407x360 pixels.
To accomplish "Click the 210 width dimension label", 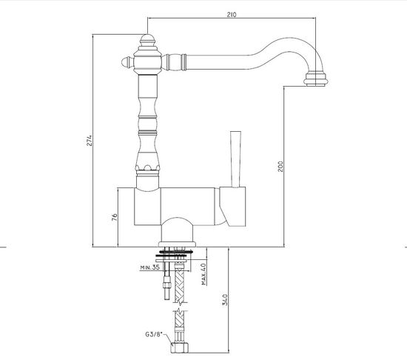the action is pyautogui.click(x=232, y=15).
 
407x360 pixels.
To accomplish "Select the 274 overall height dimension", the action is pyautogui.click(x=90, y=140).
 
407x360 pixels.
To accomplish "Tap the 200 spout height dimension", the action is pyautogui.click(x=280, y=166).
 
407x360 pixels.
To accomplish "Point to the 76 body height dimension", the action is pyautogui.click(x=115, y=217).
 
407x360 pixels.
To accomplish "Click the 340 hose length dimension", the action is pyautogui.click(x=225, y=299).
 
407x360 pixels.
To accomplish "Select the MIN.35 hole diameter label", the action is pyautogui.click(x=149, y=267).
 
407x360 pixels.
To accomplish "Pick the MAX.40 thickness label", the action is pyautogui.click(x=203, y=274).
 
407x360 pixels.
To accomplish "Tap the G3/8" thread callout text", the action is pyautogui.click(x=154, y=334).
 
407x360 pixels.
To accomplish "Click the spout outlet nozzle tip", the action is pyautogui.click(x=316, y=79).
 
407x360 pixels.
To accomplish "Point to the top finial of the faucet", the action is pyautogui.click(x=147, y=41).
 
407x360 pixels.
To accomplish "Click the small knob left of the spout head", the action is pyautogui.click(x=127, y=63).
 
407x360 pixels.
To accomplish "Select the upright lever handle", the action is pyautogui.click(x=235, y=159).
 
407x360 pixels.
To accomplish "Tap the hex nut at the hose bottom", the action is pyautogui.click(x=180, y=348).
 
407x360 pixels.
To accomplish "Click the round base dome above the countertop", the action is pyautogui.click(x=178, y=230).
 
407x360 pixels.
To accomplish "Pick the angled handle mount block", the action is pyautogui.click(x=232, y=207).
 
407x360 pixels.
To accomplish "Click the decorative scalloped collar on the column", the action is pyautogui.click(x=147, y=168).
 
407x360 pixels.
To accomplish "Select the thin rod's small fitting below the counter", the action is pyautogui.click(x=167, y=284).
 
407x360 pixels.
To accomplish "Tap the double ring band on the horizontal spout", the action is pyautogui.click(x=184, y=62).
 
